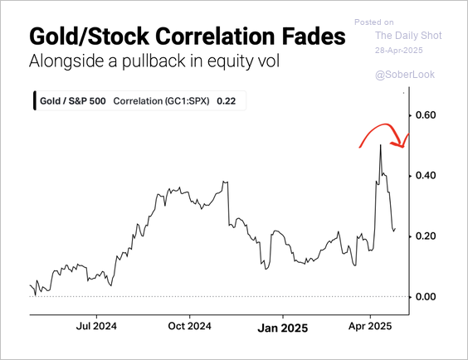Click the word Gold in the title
click(52, 36)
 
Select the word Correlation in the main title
click(216, 36)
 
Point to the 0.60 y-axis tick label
click(426, 114)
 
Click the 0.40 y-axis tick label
click(426, 175)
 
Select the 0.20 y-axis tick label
click(426, 236)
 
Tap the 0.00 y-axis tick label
click(426, 296)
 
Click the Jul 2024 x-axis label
click(96, 326)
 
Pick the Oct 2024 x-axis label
click(189, 326)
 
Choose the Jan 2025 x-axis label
click(283, 328)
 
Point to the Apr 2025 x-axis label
click(370, 326)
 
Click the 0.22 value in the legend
click(227, 101)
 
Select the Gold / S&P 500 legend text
click(73, 101)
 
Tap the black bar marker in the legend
click(35, 101)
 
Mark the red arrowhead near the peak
click(400, 144)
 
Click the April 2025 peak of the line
click(380, 145)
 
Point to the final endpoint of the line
click(396, 229)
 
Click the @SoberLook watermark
click(405, 75)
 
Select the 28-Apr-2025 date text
click(399, 50)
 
